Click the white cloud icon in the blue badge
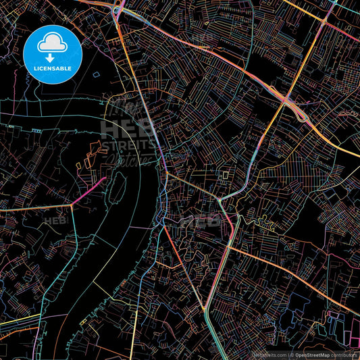(x=53, y=43)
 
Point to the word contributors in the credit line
(x=343, y=354)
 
